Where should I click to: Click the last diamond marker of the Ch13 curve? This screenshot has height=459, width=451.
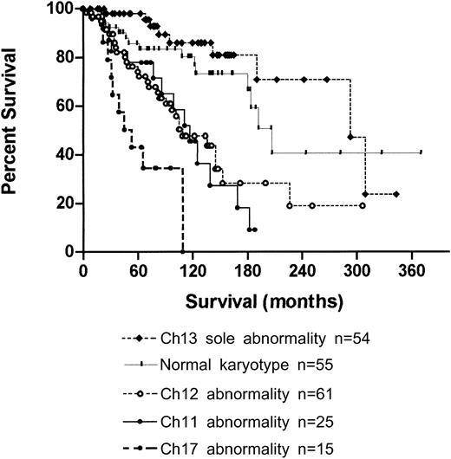click(x=395, y=194)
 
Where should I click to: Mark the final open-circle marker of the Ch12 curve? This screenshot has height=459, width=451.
click(x=363, y=205)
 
